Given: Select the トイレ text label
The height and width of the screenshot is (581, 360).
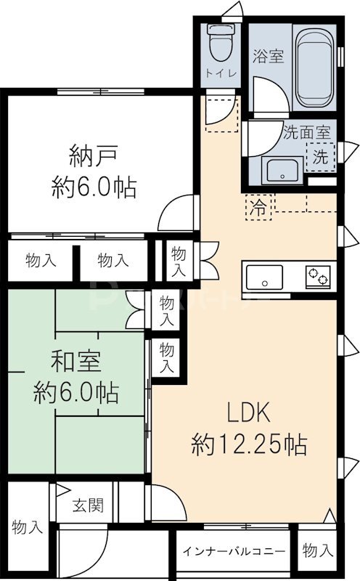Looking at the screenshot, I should tap(218, 73).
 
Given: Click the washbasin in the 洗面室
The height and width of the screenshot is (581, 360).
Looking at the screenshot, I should tap(281, 171).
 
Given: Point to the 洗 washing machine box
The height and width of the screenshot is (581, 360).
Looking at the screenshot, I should tap(320, 155).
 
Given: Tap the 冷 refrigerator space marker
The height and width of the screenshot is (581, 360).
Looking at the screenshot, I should tap(258, 206).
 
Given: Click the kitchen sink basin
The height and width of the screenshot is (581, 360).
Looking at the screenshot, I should tap(264, 277).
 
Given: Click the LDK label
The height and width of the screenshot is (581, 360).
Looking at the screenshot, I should tap(249, 413).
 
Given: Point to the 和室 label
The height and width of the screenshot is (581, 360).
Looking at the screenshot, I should tap(75, 361).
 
